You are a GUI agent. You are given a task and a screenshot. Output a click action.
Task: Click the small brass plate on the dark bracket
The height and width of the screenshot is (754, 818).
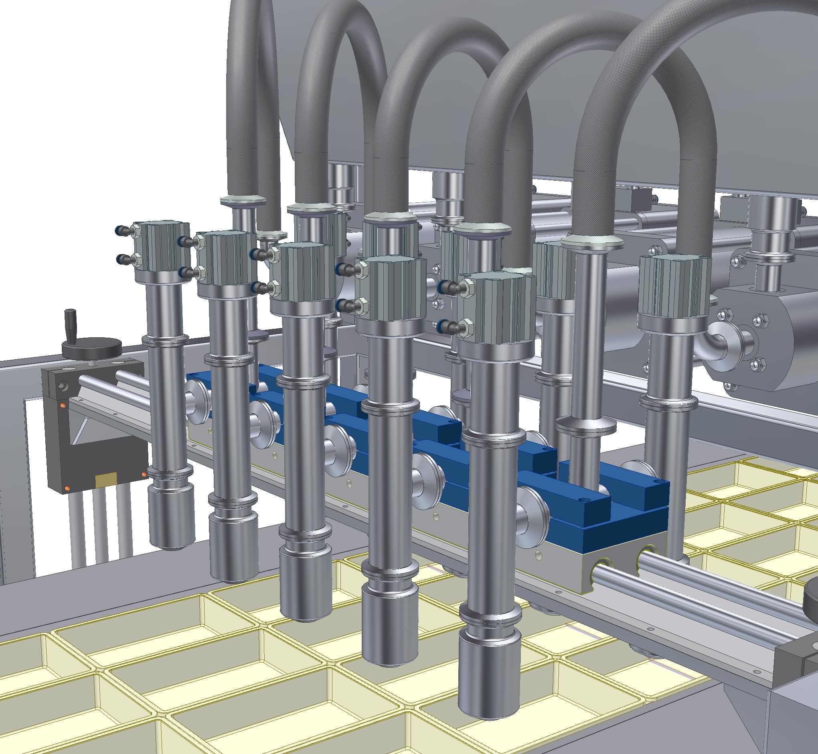(x=106, y=480)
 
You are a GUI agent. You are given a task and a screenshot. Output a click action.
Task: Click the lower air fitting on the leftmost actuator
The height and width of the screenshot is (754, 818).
(x=123, y=259)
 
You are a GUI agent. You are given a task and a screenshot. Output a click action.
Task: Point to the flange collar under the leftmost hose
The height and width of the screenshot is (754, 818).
(x=243, y=201)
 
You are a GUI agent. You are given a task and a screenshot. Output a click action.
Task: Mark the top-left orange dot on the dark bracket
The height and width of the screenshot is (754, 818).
(x=63, y=405)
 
